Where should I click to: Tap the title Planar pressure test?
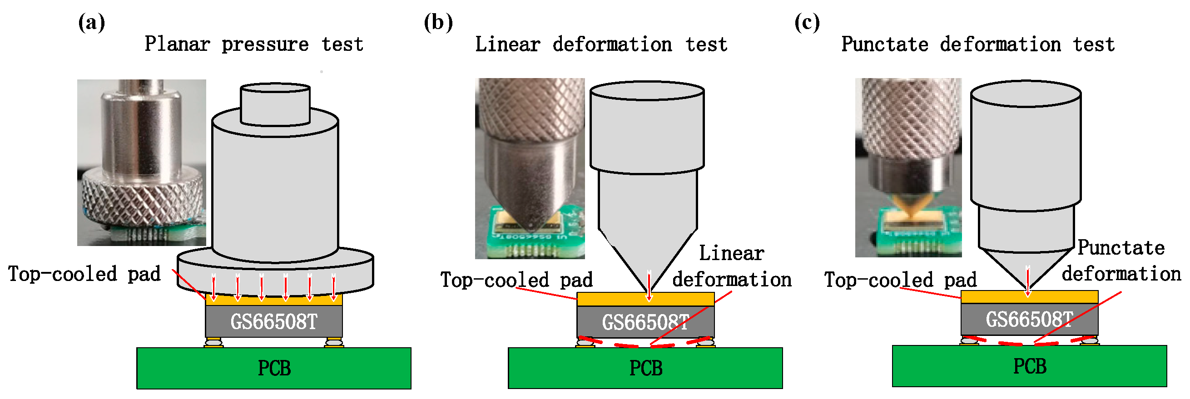tap(253, 45)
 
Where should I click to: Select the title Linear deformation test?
tap(600, 45)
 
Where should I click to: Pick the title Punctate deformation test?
tap(977, 45)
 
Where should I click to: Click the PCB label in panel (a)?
tap(274, 369)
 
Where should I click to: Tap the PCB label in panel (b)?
tap(645, 369)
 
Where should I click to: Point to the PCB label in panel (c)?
tap(1029, 367)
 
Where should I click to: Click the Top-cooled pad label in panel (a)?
tap(84, 274)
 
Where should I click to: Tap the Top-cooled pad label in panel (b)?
tap(516, 281)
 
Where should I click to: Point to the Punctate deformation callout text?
tap(1121, 261)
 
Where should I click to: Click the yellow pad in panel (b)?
tap(615, 299)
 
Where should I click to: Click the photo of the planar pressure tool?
tap(141, 163)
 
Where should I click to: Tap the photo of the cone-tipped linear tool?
tap(530, 168)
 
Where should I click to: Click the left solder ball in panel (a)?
tap(213, 342)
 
